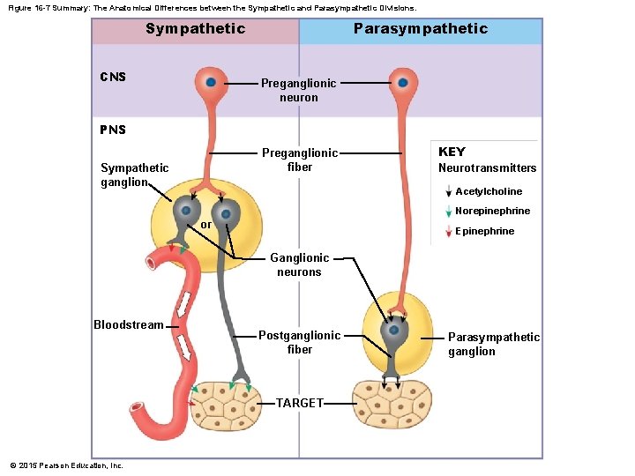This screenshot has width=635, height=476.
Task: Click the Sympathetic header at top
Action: pyautogui.click(x=195, y=29)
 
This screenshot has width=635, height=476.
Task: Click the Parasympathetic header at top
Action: pyautogui.click(x=420, y=29)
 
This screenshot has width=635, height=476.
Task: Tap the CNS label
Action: pyautogui.click(x=113, y=77)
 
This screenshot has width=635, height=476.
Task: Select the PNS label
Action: pyautogui.click(x=113, y=130)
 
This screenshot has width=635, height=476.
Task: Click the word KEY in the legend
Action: pyautogui.click(x=452, y=152)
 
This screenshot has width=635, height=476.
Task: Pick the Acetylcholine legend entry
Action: pyautogui.click(x=488, y=191)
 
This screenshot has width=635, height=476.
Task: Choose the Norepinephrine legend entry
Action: pyautogui.click(x=492, y=211)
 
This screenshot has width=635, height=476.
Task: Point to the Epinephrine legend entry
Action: pyautogui.click(x=484, y=231)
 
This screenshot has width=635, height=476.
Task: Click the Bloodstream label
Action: pyautogui.click(x=129, y=325)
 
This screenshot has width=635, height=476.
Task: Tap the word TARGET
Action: pyautogui.click(x=300, y=403)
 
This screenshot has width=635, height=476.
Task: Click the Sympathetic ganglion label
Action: pyautogui.click(x=134, y=175)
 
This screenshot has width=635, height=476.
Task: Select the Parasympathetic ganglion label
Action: pyautogui.click(x=493, y=344)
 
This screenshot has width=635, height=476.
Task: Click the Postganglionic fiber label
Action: pyautogui.click(x=299, y=342)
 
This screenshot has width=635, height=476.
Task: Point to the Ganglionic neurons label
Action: pyautogui.click(x=299, y=264)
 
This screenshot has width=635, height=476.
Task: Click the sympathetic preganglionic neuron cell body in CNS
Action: pyautogui.click(x=211, y=82)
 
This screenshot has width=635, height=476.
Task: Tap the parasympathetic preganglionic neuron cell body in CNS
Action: pyautogui.click(x=402, y=82)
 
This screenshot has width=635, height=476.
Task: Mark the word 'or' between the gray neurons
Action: pyautogui.click(x=205, y=225)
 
